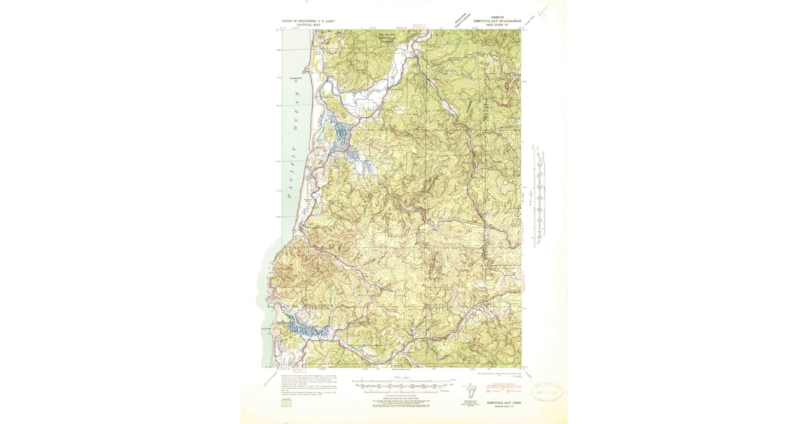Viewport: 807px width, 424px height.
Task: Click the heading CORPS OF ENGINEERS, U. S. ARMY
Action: tap(309, 21)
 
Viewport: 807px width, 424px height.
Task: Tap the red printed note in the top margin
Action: tap(420, 26)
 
